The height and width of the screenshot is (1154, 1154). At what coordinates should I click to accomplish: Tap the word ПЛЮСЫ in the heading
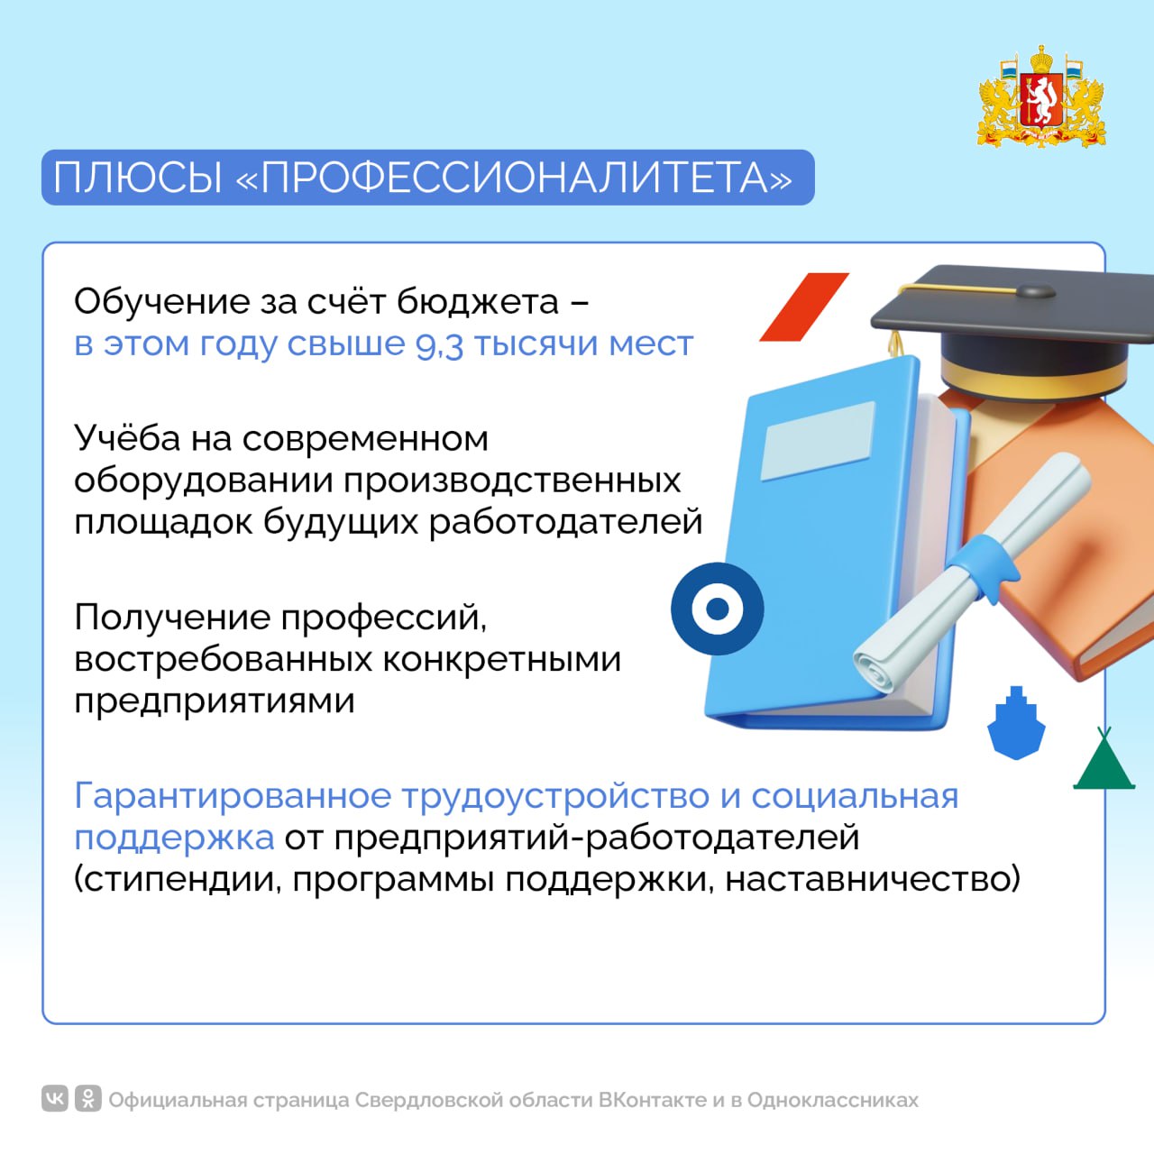coord(138,178)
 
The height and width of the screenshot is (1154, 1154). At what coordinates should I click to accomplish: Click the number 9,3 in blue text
coord(439,345)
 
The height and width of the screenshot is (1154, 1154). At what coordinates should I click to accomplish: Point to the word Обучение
coord(161,301)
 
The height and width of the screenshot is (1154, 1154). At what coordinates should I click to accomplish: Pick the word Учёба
coord(127,438)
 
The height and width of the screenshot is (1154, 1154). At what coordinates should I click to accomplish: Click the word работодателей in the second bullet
coord(565,522)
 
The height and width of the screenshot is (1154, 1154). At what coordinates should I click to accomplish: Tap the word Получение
coord(172,618)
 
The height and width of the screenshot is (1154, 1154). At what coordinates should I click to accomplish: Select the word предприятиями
coord(215,701)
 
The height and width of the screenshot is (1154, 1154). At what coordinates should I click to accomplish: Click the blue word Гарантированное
coord(233,796)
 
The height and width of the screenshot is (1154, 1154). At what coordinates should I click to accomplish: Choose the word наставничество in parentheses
coord(872,880)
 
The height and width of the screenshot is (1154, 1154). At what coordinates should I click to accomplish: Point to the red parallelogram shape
coord(804,307)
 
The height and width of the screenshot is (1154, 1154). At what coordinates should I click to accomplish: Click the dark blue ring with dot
coord(717,609)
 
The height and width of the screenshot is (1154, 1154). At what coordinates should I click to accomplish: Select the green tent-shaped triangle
coord(1104,762)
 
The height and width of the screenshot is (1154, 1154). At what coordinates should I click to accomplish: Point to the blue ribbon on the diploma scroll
coord(982,566)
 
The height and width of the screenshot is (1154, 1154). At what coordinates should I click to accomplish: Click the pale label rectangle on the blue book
coord(818,442)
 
